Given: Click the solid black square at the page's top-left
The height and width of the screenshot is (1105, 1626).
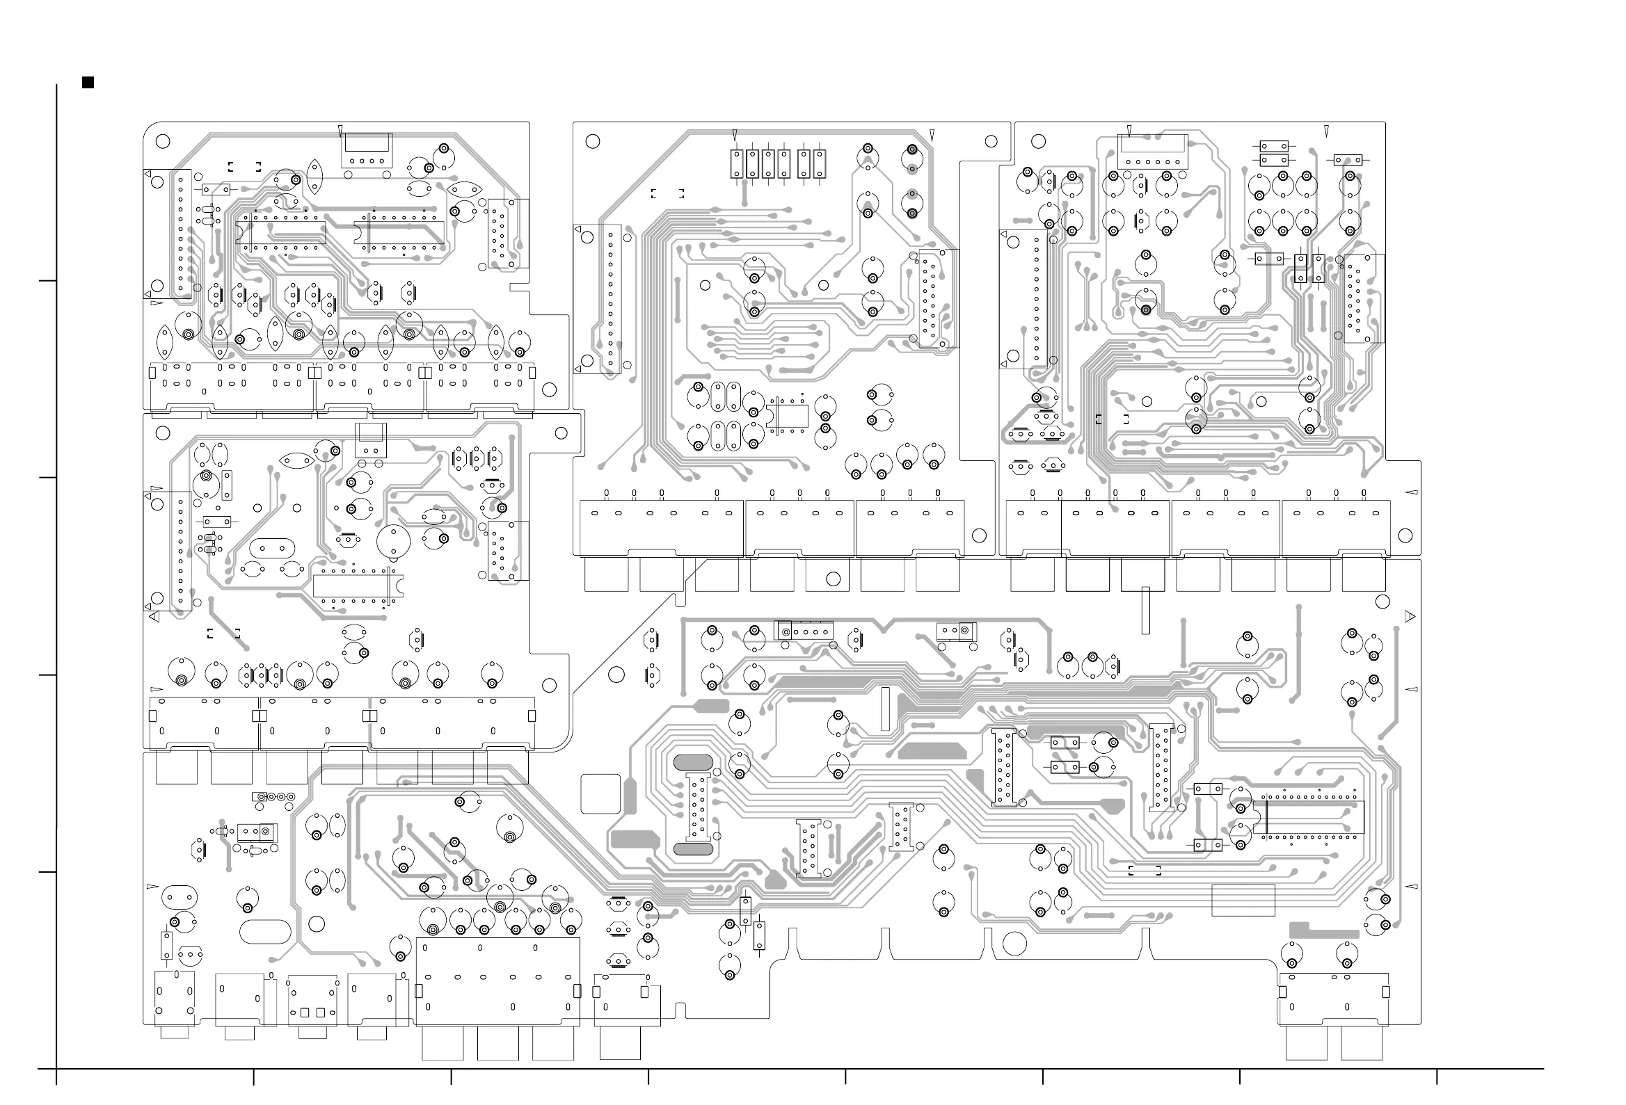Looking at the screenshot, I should pos(88,83).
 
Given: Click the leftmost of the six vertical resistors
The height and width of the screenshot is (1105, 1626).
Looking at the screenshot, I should pos(736,163).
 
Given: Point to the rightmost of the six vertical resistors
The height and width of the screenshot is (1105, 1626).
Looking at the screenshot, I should pos(820,163).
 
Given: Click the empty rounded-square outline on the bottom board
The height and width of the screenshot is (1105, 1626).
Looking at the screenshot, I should pos(601,793).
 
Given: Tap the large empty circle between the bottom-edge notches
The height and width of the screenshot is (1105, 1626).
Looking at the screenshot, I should pos(1014,944).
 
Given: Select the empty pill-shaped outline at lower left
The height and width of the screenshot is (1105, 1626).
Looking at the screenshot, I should pos(265,932).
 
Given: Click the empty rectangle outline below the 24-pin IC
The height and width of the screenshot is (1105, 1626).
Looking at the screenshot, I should pos(1243,900).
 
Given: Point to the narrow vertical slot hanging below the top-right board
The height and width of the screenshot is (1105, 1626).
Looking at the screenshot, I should pos(1145,611).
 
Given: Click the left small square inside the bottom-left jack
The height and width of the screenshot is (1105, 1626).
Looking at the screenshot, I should pos(305,1013).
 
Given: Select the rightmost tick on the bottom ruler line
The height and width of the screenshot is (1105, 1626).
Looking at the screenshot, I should pos(1437,1076).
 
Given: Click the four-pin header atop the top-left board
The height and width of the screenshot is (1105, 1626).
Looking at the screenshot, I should pos(367,150).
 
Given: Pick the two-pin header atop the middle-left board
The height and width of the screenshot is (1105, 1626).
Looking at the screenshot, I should pos(371,442).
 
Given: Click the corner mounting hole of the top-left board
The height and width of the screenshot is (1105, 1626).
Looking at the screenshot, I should pos(162,141).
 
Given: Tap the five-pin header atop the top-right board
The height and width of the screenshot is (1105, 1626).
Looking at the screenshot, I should pos(1152,152).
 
